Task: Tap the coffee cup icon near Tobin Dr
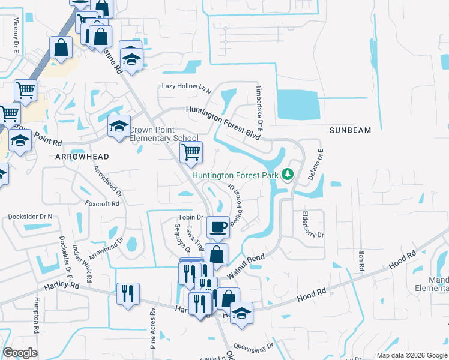click(218, 227)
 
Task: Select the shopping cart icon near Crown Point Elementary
click(191, 152)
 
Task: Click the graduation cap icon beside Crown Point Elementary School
click(119, 126)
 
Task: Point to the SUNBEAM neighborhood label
click(351, 130)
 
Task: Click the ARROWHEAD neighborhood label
click(82, 157)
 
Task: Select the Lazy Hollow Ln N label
click(187, 86)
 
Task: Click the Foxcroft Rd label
click(103, 203)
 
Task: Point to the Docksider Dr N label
click(30, 216)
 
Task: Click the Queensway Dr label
click(255, 346)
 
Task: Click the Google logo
click(20, 352)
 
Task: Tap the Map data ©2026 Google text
click(411, 355)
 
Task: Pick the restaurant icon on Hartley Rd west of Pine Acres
click(128, 293)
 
